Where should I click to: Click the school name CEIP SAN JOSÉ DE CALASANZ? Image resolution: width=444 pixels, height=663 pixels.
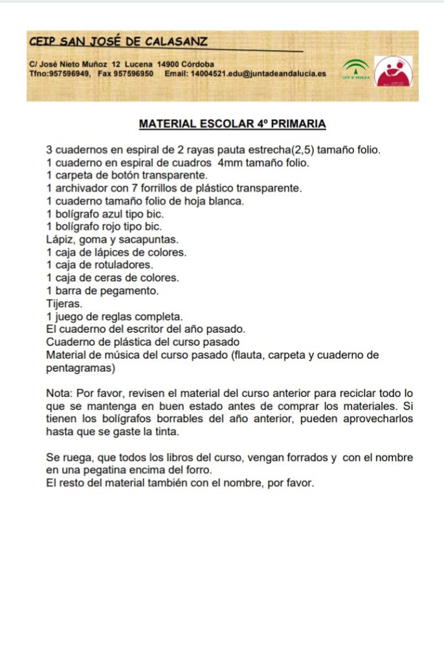pos(118,42)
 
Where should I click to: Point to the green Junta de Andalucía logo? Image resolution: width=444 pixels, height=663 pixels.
pos(355,68)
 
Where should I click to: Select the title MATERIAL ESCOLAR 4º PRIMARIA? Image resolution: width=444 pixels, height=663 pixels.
pos(232,123)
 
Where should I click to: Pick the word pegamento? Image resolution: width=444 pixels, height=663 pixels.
pos(133,291)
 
